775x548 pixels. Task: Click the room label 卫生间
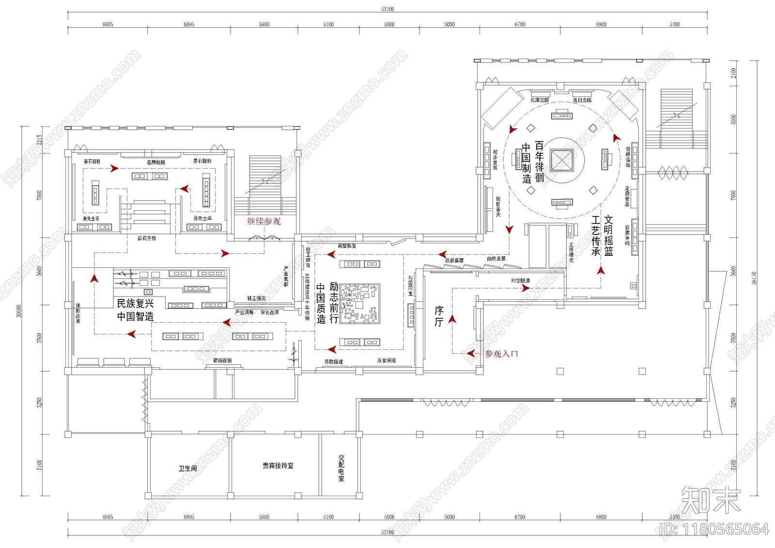click(x=187, y=468)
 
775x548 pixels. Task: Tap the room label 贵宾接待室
click(x=278, y=466)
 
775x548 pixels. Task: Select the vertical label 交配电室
click(x=341, y=468)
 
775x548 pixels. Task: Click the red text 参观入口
click(x=501, y=354)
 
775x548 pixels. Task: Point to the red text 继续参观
click(x=264, y=221)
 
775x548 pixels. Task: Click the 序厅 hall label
click(x=439, y=316)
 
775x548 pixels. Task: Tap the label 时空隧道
click(x=520, y=281)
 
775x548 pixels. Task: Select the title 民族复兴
click(x=135, y=304)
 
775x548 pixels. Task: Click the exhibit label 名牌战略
click(x=156, y=162)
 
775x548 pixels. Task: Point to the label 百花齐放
click(x=147, y=238)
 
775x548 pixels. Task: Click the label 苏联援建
click(x=334, y=362)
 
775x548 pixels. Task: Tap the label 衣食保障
click(x=387, y=360)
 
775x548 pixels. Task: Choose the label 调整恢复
click(x=347, y=246)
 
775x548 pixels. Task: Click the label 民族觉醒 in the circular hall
click(x=540, y=100)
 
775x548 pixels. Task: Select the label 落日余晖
click(x=582, y=100)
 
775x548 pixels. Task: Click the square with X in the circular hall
click(x=562, y=160)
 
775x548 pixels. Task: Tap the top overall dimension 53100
click(x=387, y=9)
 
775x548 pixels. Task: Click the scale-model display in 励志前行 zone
click(x=360, y=304)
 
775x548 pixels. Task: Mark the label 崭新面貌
click(x=222, y=361)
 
